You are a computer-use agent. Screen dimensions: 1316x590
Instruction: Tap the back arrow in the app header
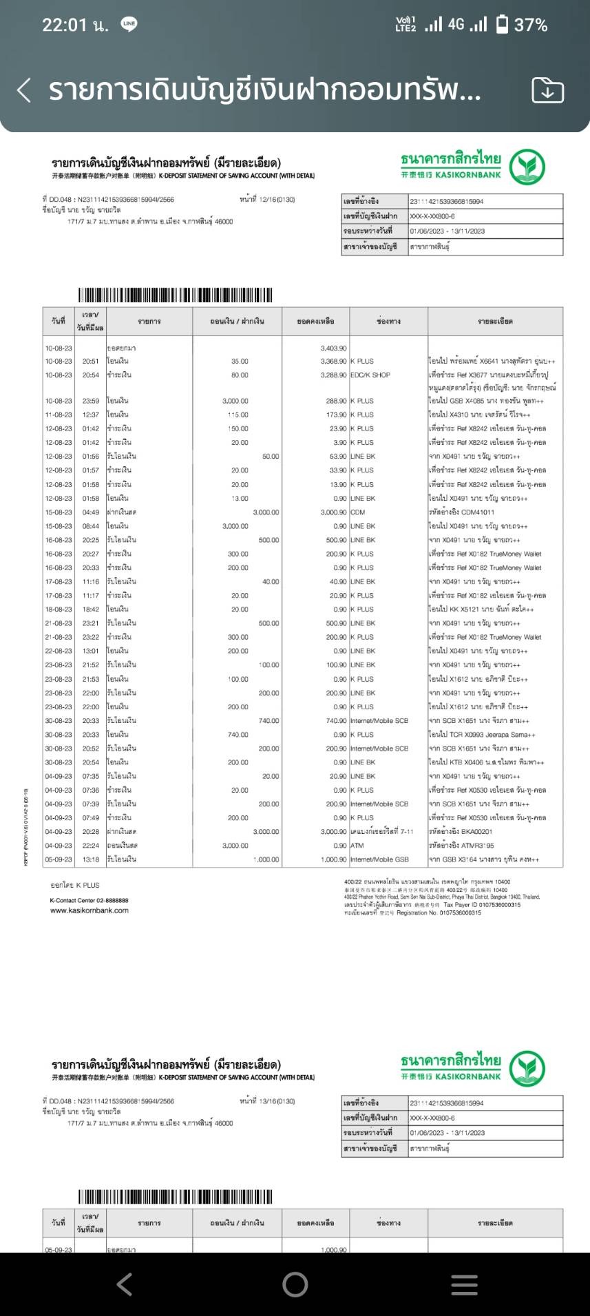tap(24, 90)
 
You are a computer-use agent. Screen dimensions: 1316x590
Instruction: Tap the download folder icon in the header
tap(547, 90)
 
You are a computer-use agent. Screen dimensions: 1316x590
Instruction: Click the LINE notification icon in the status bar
tap(129, 24)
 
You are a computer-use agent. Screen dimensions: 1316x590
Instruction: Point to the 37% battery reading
tap(531, 25)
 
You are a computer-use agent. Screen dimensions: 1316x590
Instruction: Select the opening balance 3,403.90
tap(333, 348)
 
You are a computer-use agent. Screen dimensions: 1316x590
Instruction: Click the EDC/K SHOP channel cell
tap(370, 375)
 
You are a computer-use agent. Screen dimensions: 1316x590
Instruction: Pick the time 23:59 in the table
tap(91, 401)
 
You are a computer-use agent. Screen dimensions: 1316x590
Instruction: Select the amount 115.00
tap(238, 415)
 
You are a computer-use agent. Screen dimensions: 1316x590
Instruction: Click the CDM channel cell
tap(358, 512)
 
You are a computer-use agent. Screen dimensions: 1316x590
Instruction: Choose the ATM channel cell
tap(357, 846)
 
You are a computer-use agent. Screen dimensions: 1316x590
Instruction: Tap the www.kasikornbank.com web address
tap(89, 910)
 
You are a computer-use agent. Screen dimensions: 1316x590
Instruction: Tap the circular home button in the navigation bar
tap(295, 1284)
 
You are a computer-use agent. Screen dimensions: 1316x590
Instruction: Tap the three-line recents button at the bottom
tap(464, 1284)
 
